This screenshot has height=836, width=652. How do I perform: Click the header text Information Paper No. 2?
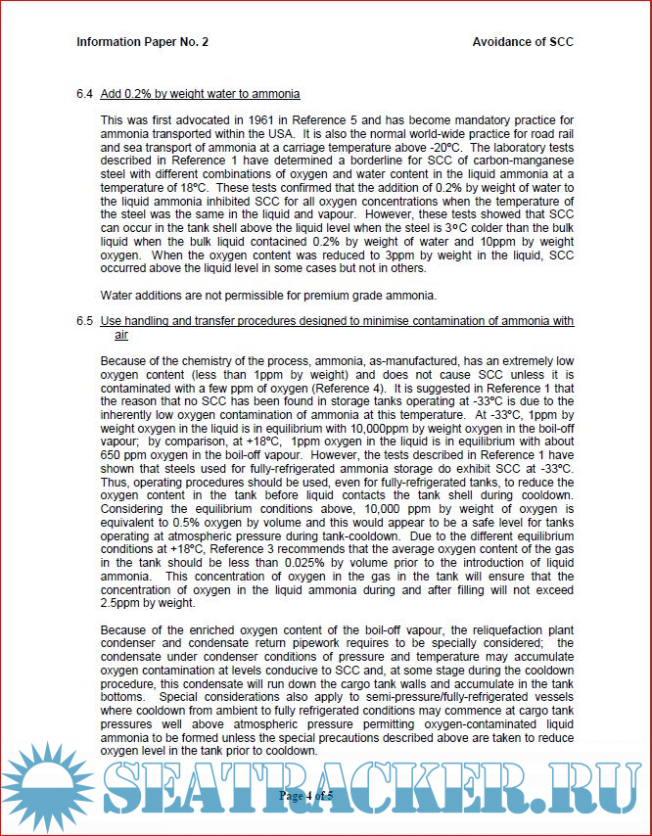coord(142,42)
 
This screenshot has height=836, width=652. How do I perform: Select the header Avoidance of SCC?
coord(523,42)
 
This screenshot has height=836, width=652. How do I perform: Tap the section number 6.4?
coord(84,94)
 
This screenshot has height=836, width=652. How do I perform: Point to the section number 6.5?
coord(84,321)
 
